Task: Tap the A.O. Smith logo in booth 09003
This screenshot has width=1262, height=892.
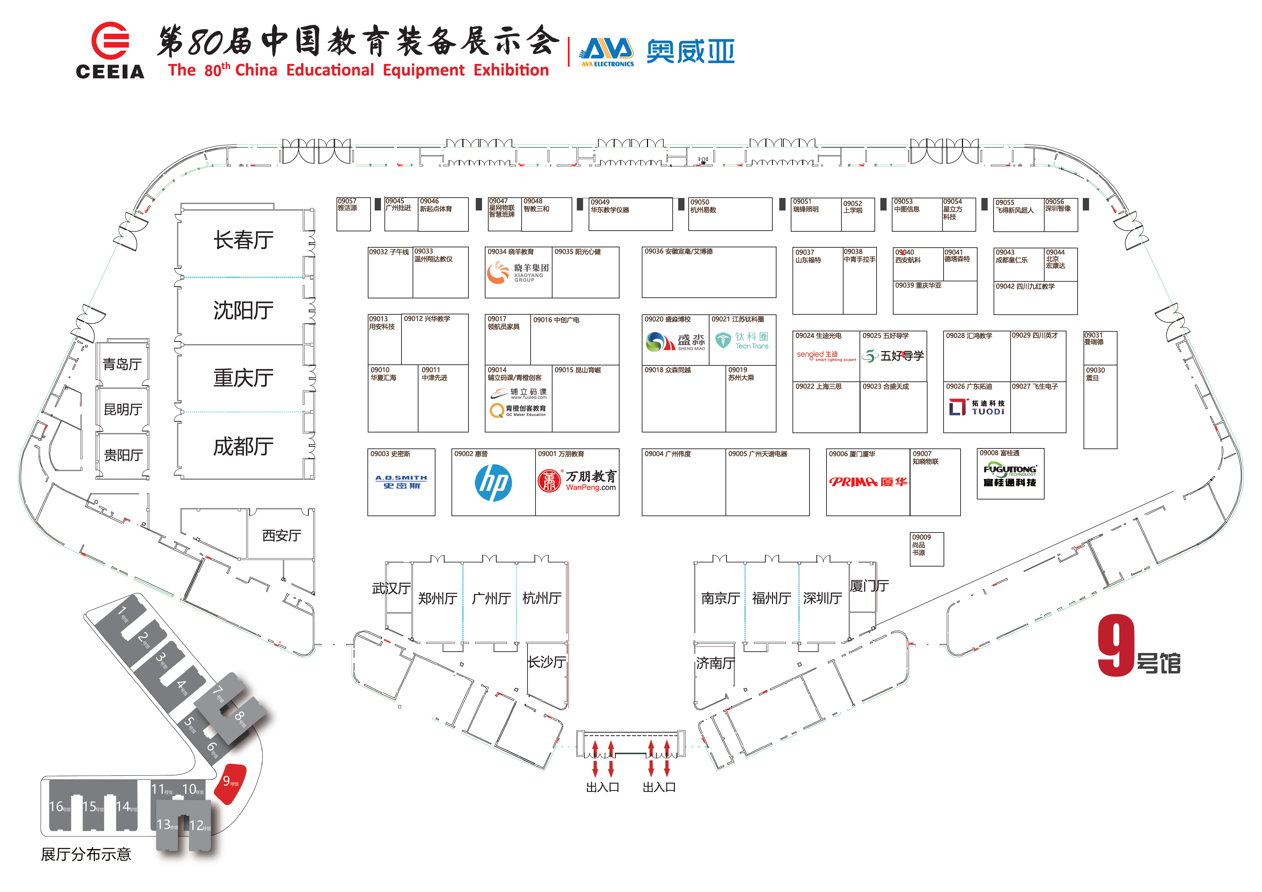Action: tap(401, 482)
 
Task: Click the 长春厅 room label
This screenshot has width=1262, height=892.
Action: tap(243, 240)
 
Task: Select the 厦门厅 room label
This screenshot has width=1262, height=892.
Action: tap(869, 586)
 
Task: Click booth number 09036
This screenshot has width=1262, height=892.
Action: tap(654, 252)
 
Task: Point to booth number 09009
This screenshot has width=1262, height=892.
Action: tap(921, 537)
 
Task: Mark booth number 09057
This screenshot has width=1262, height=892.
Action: tap(347, 201)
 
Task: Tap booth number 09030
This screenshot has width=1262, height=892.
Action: tap(1095, 371)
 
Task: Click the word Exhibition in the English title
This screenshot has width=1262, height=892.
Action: tap(511, 71)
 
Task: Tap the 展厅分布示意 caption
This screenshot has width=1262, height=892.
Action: tap(86, 854)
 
